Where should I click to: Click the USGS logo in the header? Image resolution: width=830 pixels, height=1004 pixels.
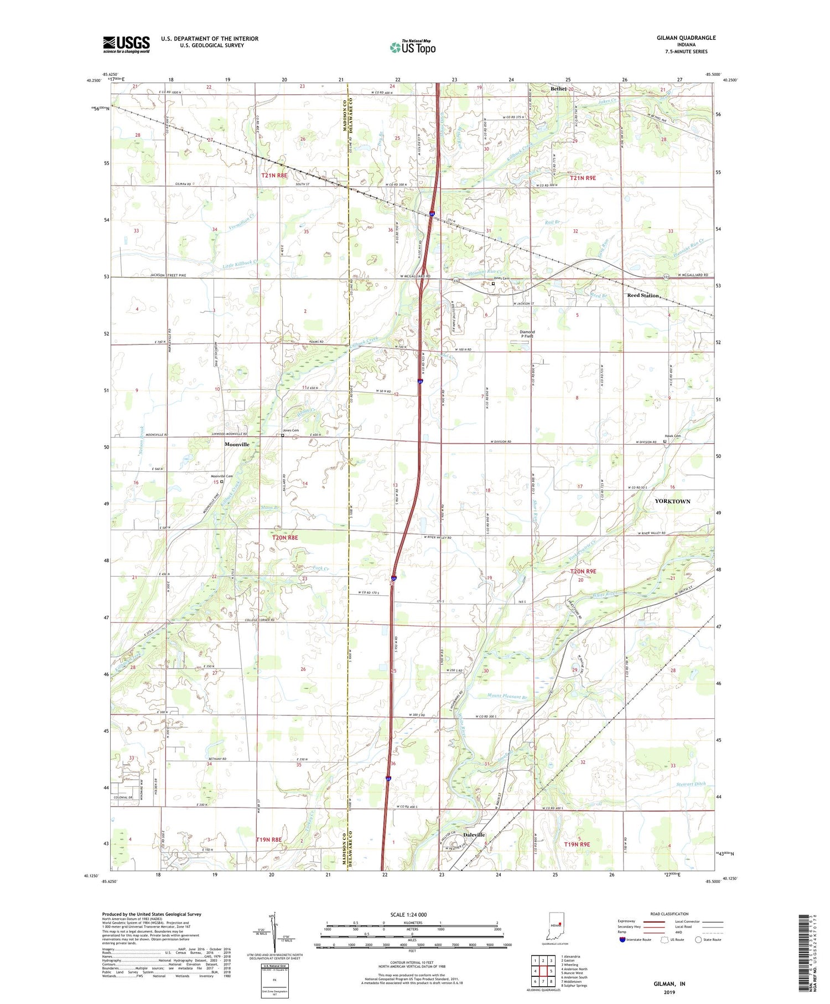tap(126, 44)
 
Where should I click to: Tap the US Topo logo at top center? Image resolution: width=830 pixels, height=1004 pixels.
tap(412, 48)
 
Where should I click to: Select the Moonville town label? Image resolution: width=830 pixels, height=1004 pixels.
tap(237, 444)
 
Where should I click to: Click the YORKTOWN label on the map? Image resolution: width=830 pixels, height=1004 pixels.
tap(672, 501)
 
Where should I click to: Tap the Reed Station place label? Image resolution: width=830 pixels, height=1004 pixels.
tap(642, 295)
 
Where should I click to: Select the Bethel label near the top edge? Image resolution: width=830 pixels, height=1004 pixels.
tap(558, 89)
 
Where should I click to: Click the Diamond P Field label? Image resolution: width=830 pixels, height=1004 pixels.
tap(526, 334)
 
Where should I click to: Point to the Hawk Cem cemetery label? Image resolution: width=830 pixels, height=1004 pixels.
tap(672, 436)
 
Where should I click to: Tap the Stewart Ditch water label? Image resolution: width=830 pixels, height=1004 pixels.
tap(691, 784)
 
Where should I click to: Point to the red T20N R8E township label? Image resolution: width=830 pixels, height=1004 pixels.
tap(285, 537)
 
